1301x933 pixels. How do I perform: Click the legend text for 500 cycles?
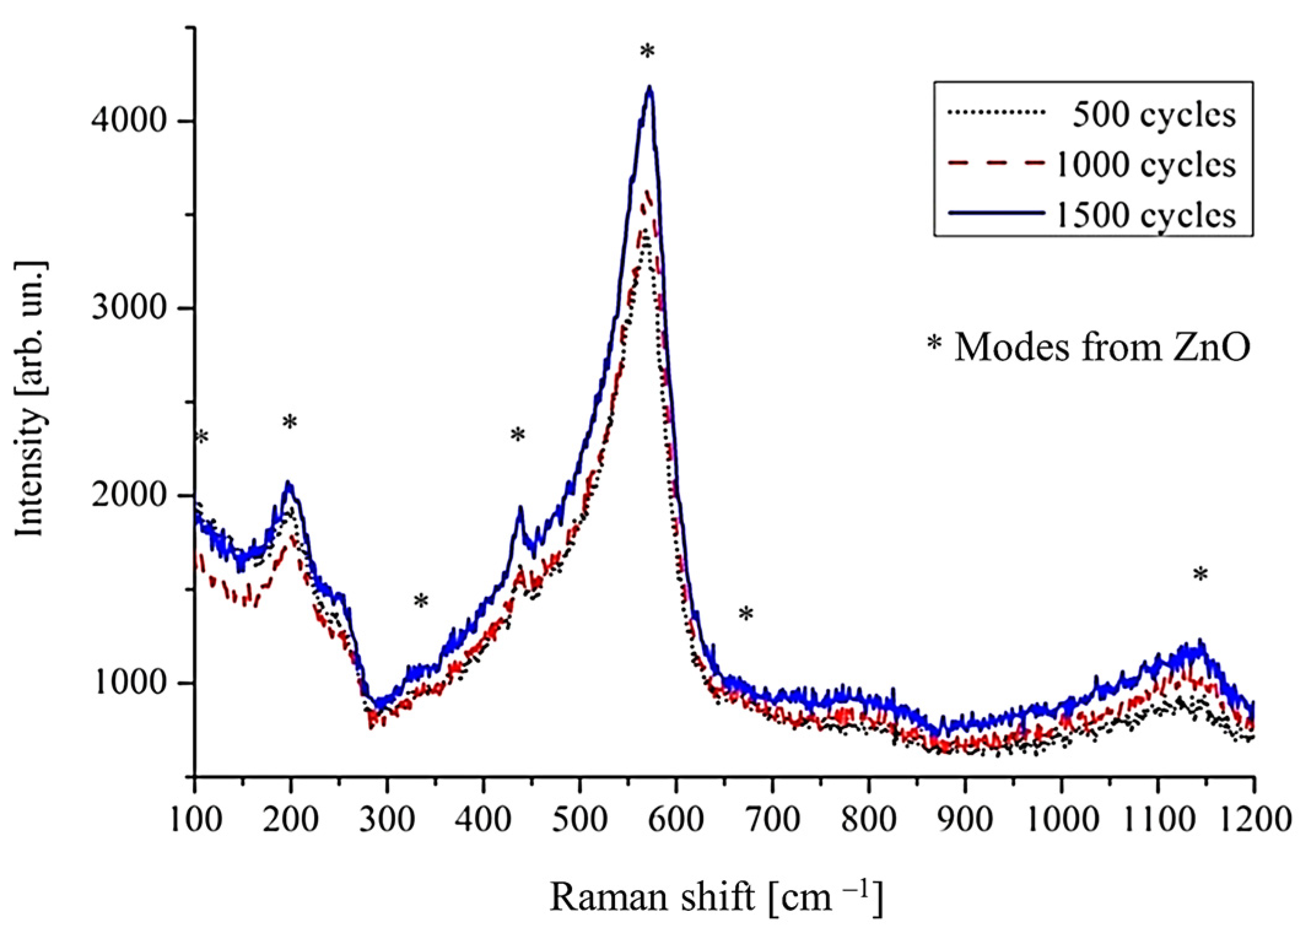[1154, 115]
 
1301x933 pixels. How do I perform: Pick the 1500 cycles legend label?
[1145, 215]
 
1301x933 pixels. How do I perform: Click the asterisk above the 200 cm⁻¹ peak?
[290, 423]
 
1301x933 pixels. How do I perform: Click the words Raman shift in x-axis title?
[651, 897]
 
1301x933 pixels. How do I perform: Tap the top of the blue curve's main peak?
[649, 89]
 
